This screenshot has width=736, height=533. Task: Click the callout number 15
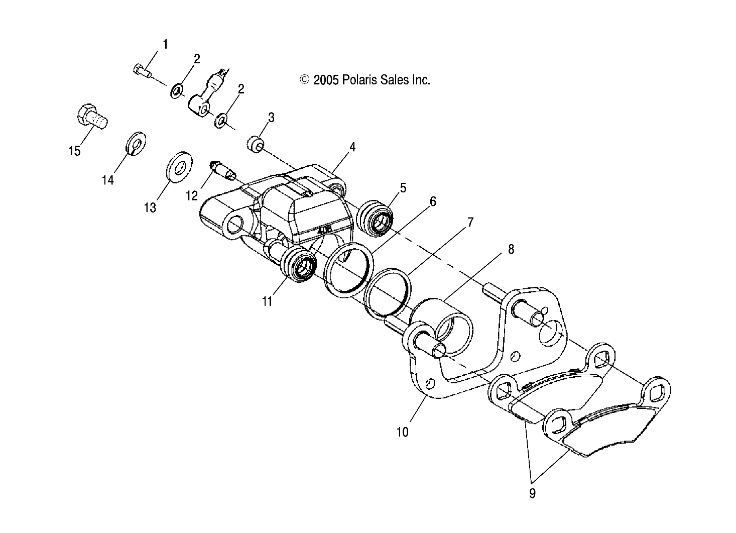pos(74,150)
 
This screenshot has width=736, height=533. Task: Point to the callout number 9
pos(532,493)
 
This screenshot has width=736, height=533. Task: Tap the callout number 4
pos(352,147)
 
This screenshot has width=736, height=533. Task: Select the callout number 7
pos(470,222)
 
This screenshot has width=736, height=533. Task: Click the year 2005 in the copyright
pos(326,79)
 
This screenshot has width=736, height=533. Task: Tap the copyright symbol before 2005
pos(304,79)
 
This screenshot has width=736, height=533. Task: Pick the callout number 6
pos(432,201)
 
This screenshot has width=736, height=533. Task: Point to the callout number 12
pos(191,195)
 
